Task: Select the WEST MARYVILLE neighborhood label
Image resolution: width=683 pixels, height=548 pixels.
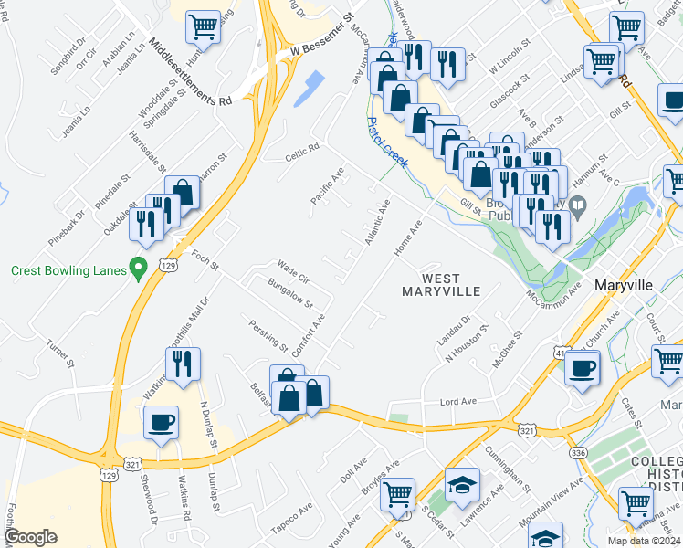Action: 441,284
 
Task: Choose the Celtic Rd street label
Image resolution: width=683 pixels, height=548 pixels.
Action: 302,148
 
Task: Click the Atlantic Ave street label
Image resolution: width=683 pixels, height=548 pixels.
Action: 377,222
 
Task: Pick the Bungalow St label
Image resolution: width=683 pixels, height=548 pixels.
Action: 290,294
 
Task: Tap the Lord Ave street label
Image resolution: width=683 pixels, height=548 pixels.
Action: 459,401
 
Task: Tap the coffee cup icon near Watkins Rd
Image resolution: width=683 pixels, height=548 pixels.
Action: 163,422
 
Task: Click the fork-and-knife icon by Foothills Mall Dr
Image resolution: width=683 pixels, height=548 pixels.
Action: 184,364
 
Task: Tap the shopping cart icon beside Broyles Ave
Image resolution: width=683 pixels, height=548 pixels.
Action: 398,494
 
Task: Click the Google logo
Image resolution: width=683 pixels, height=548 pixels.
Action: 31,537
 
